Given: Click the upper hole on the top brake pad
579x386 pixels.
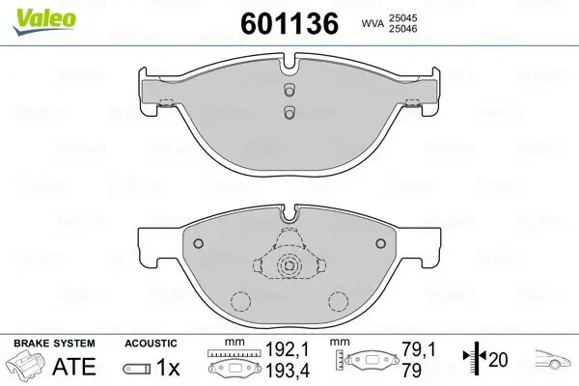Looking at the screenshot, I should [289, 90].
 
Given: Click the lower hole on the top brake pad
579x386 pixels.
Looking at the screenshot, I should [289, 112].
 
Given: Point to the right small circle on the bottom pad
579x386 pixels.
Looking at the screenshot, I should [380, 243].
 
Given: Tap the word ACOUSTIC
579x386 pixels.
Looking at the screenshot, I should [151, 343].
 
